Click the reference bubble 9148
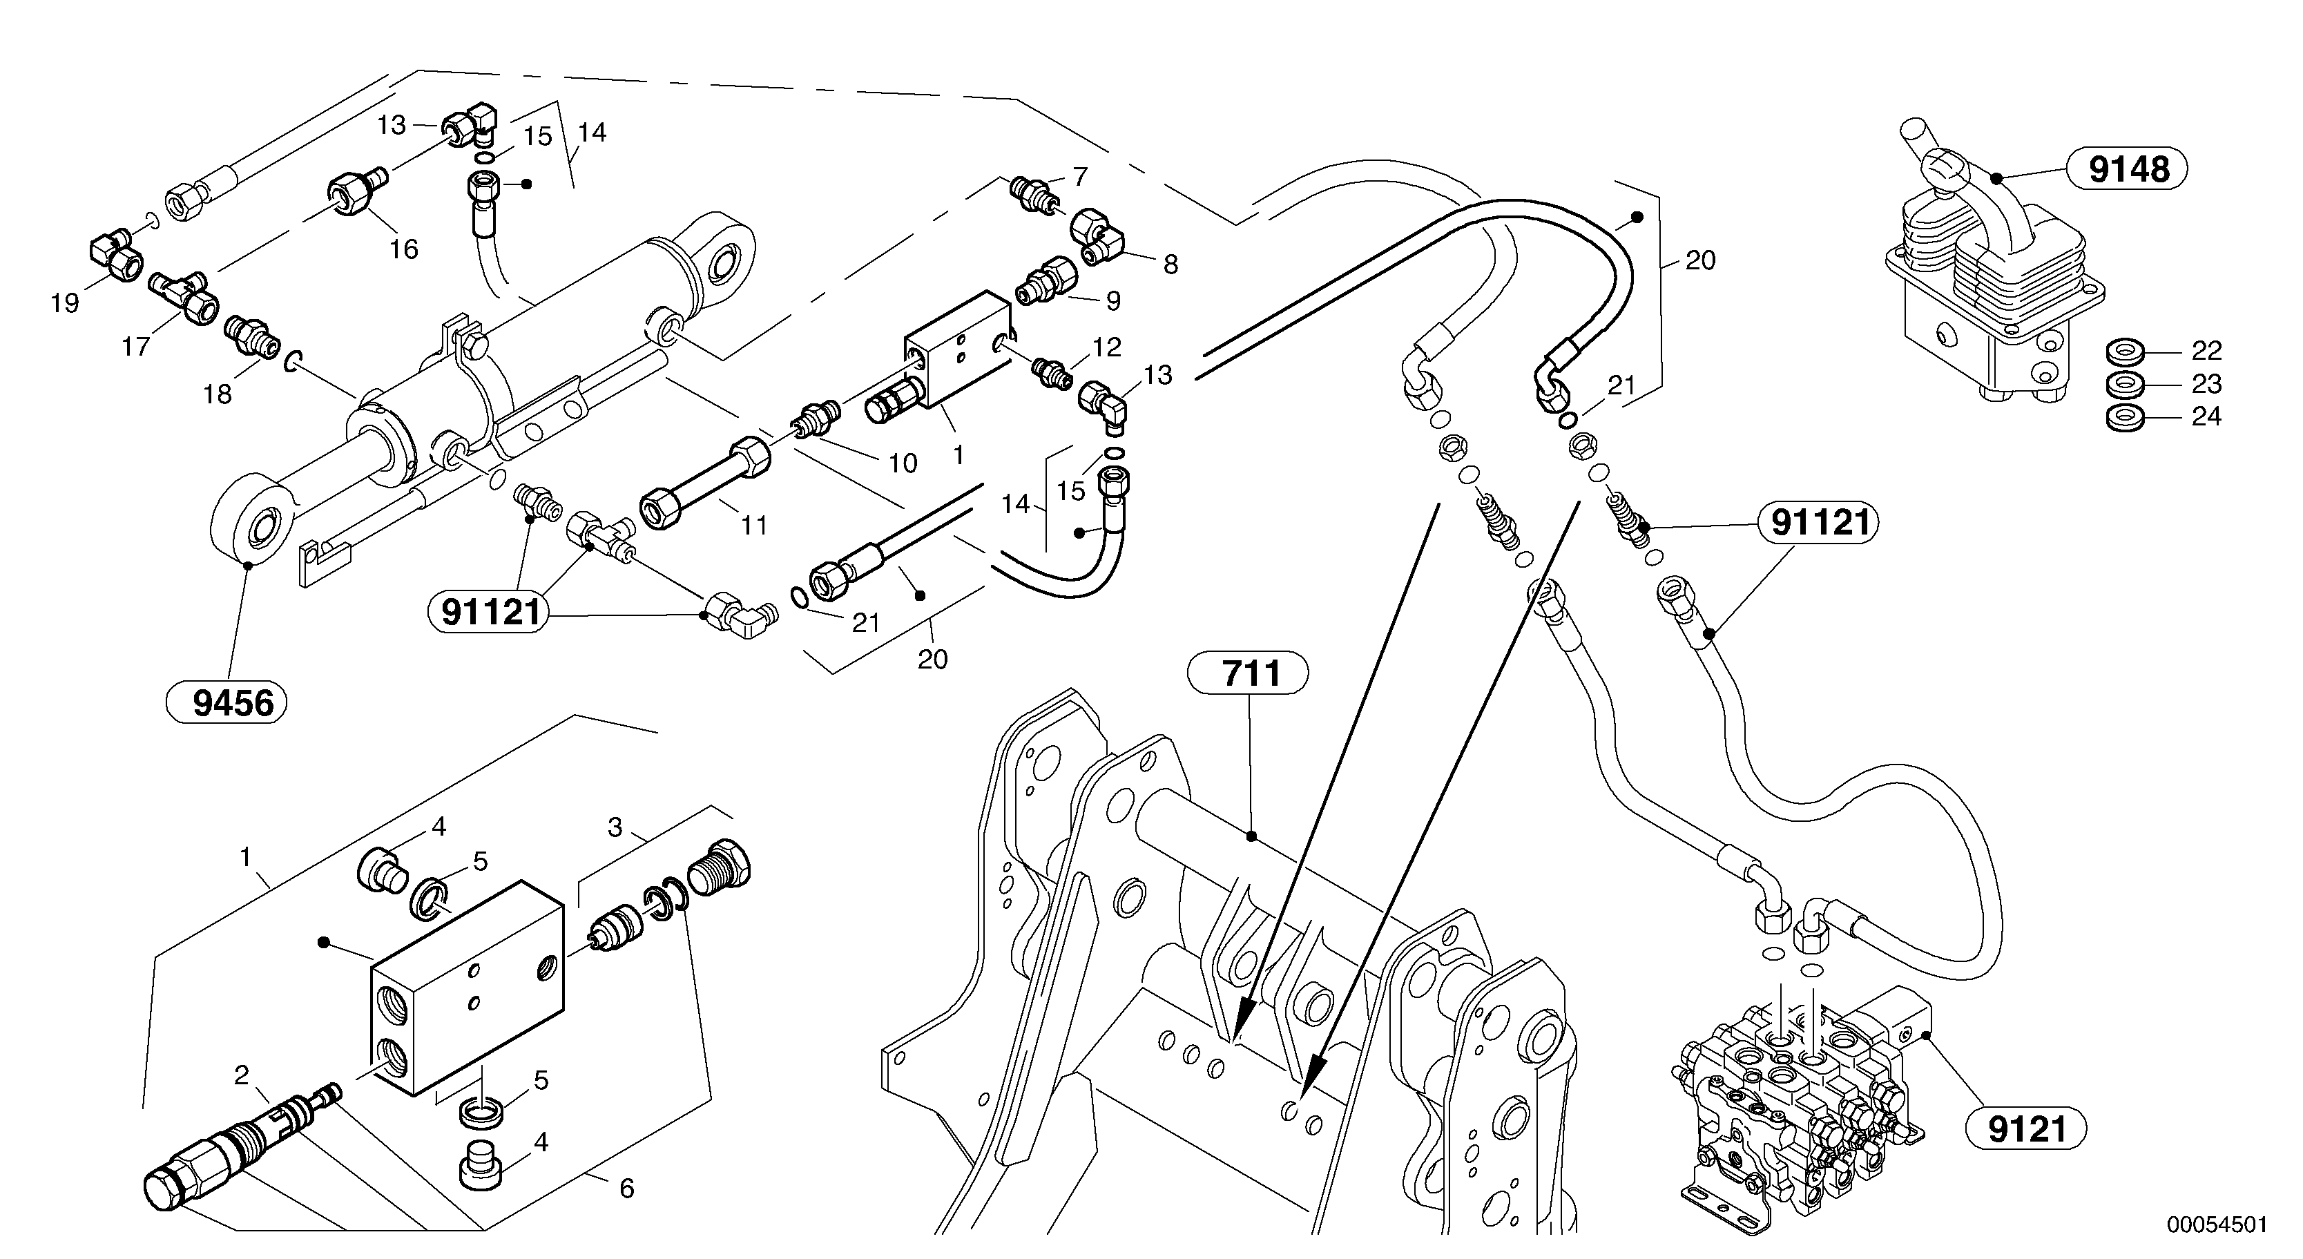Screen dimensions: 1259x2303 click(2129, 168)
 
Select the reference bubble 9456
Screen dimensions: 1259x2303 click(227, 704)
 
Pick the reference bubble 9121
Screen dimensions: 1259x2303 click(2026, 1128)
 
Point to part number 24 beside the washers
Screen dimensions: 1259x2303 click(2206, 416)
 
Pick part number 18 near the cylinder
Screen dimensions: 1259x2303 click(218, 394)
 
